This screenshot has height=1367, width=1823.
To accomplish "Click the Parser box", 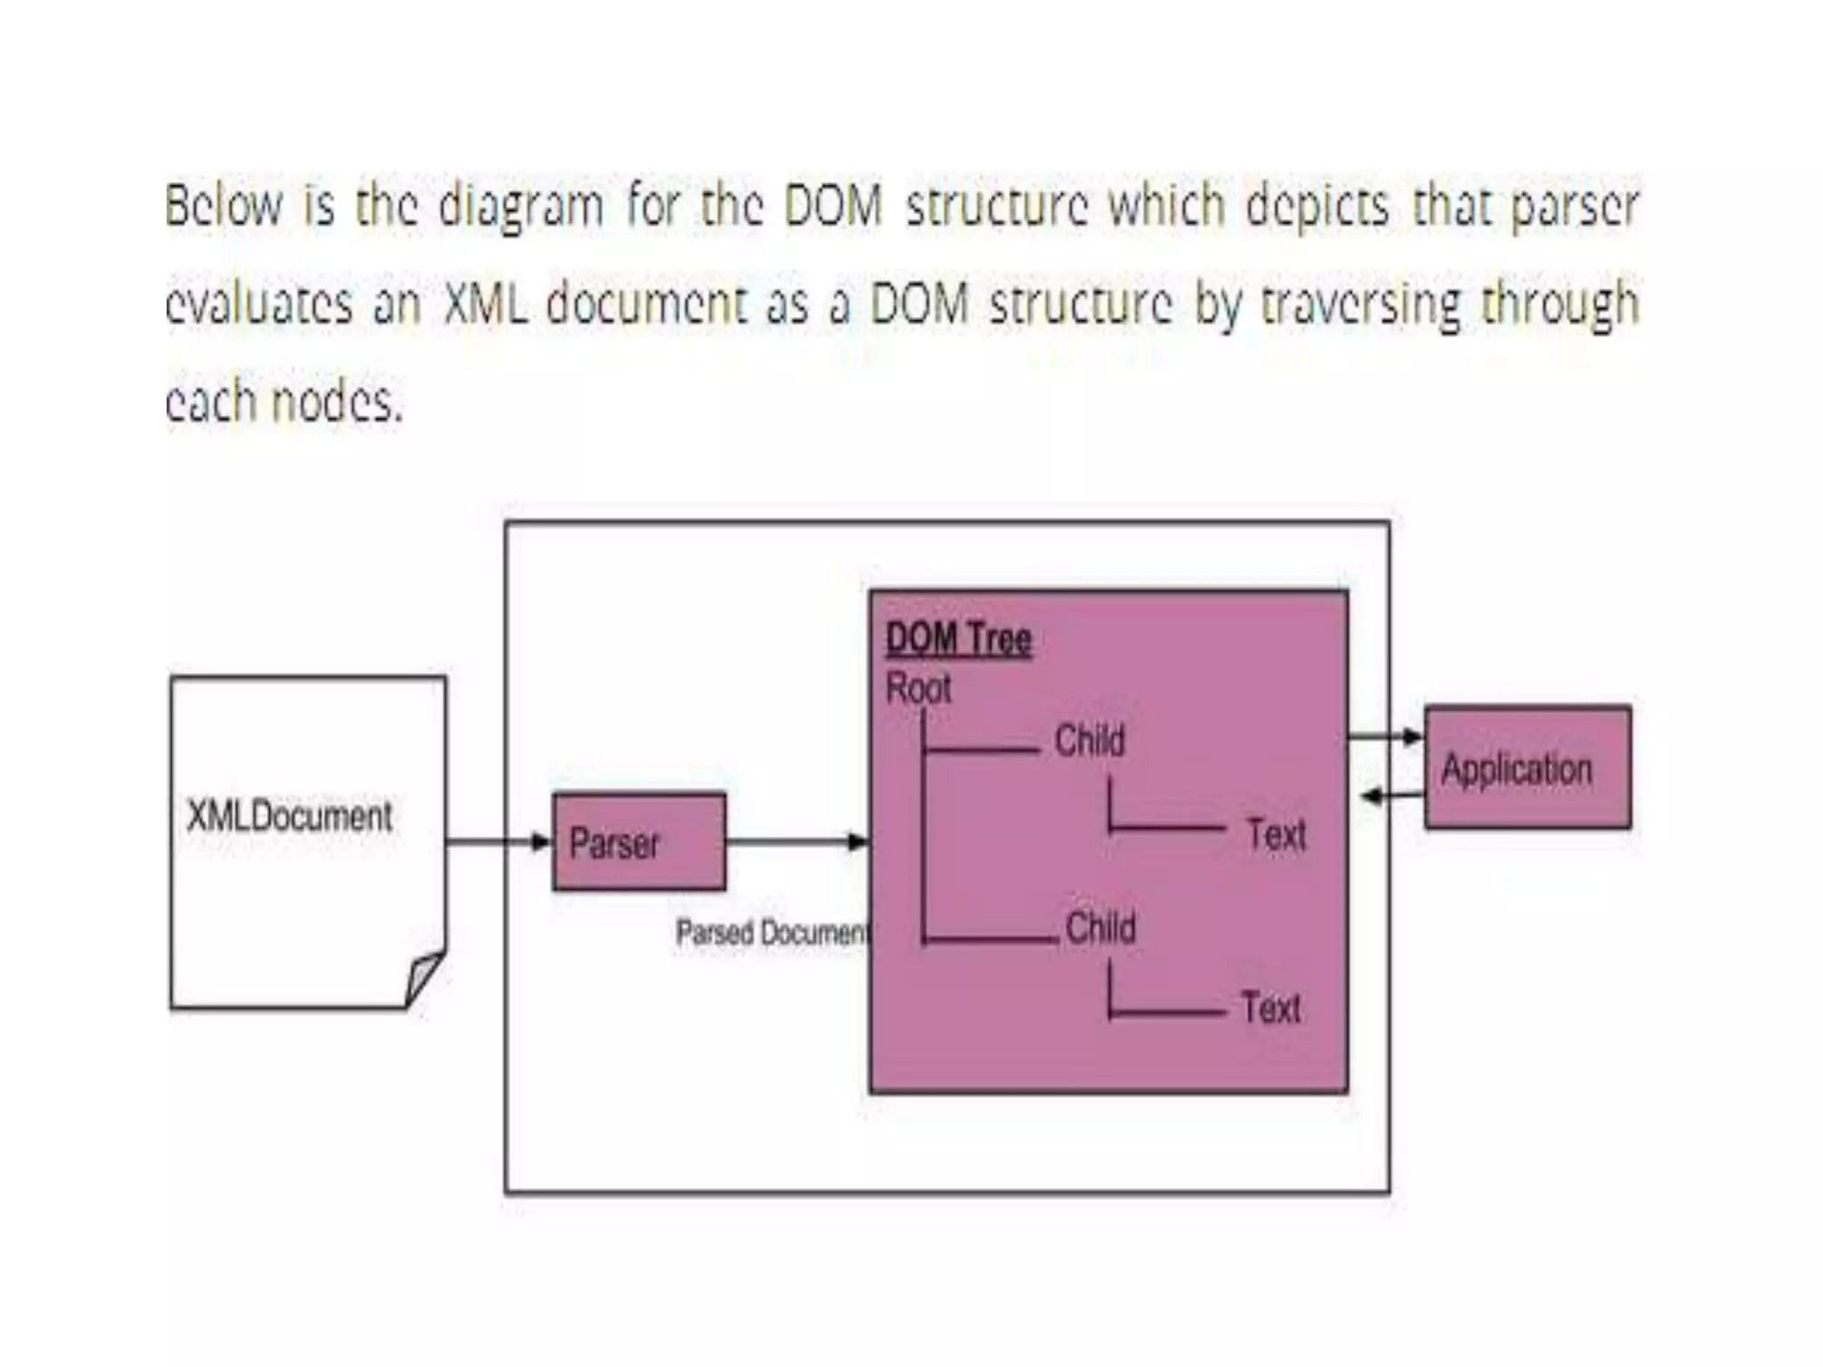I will [x=638, y=841].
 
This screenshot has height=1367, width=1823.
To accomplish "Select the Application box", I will [x=1527, y=767].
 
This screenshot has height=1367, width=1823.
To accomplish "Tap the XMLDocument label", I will [x=289, y=816].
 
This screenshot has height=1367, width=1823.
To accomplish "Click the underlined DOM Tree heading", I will [x=959, y=639].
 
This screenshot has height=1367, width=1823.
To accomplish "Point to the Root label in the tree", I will [x=919, y=688].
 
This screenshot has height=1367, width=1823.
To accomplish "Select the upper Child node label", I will [x=1090, y=740].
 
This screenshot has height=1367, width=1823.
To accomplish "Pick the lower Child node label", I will [x=1100, y=927].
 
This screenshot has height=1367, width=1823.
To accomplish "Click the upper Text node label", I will [x=1276, y=835].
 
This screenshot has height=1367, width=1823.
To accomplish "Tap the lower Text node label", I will [x=1271, y=1008].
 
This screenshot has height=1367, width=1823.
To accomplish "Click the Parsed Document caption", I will [x=771, y=933].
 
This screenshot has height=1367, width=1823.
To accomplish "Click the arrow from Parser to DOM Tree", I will [x=797, y=841].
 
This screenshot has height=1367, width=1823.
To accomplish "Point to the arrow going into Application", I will [x=1386, y=737].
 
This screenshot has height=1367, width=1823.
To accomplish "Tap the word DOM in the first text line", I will [x=833, y=206].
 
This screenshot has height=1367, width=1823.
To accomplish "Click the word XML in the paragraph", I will [x=485, y=303].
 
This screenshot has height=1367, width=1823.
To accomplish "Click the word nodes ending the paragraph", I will [x=336, y=402].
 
